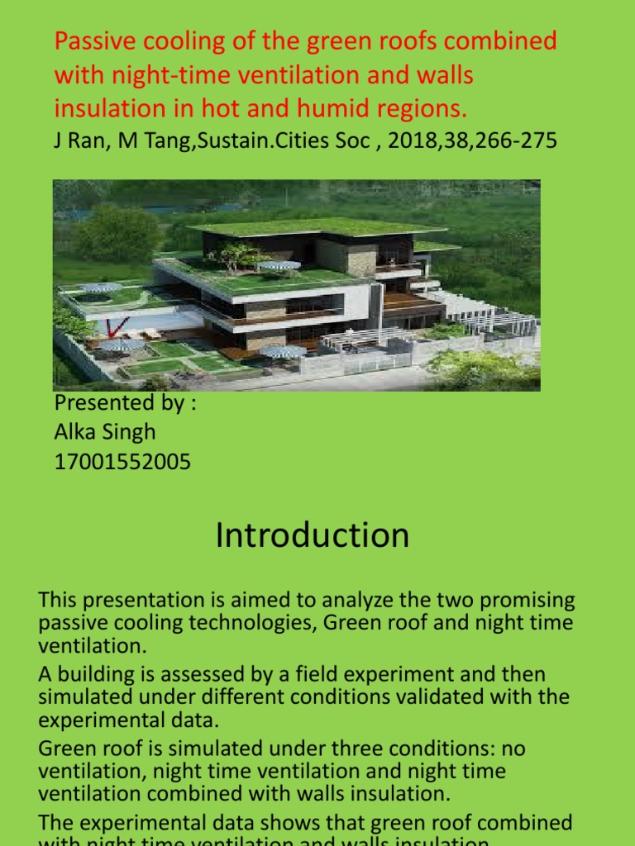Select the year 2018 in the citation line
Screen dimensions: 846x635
[x=413, y=141]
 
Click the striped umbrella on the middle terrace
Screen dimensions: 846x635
[x=279, y=266]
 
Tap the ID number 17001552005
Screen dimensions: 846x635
[x=122, y=462]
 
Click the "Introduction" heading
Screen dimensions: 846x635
[x=313, y=535]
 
